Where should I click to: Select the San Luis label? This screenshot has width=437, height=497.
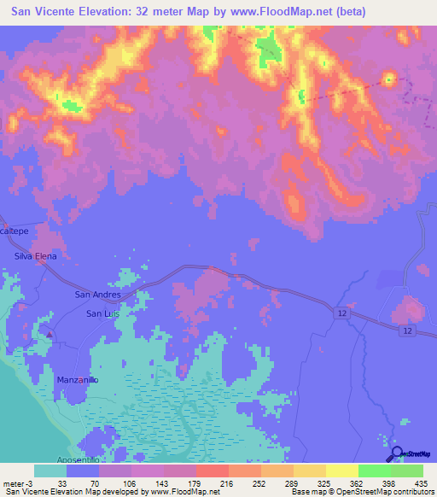pos(100,313)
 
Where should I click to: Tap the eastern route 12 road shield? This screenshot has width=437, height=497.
pos(409,330)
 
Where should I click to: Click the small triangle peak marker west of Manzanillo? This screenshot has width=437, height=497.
pos(50,334)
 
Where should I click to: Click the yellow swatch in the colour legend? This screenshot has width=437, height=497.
pos(341,471)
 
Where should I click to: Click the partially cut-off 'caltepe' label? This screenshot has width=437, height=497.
pos(15,231)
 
